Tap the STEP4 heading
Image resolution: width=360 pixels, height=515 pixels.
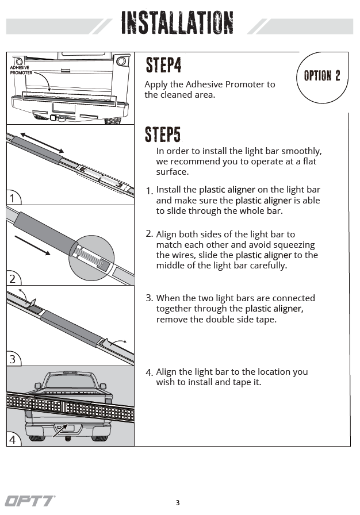pyautogui.click(x=163, y=65)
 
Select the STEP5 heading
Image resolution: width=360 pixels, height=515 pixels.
pyautogui.click(x=163, y=134)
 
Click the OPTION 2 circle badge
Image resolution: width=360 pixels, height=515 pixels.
pyautogui.click(x=322, y=76)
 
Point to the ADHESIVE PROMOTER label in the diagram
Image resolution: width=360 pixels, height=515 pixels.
pyautogui.click(x=21, y=71)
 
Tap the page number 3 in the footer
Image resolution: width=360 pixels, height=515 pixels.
pyautogui.click(x=178, y=503)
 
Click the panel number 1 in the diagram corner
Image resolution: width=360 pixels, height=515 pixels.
pyautogui.click(x=13, y=199)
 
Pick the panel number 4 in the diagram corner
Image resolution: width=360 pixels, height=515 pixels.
pyautogui.click(x=13, y=440)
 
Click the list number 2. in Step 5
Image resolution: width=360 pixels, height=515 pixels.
pyautogui.click(x=149, y=234)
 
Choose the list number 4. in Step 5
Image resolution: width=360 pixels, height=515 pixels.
pyautogui.click(x=149, y=372)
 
